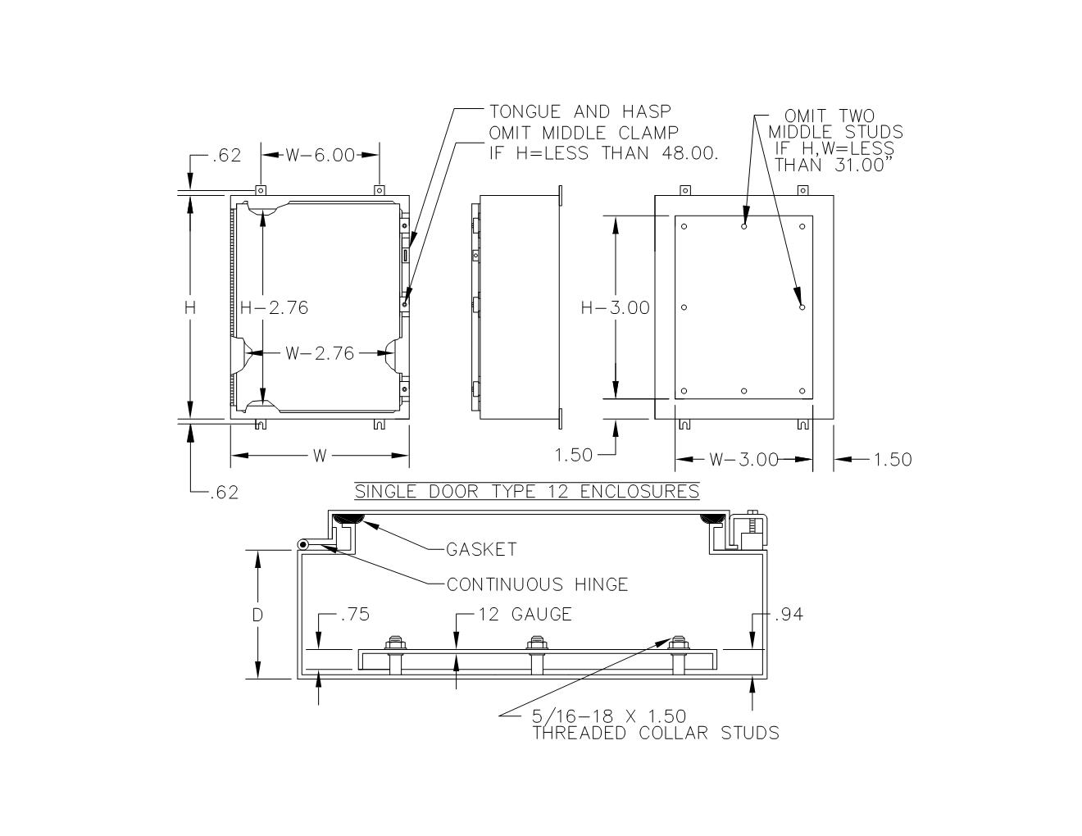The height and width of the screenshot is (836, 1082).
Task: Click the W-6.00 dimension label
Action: [x=321, y=156]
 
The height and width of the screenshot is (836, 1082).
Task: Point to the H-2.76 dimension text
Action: [x=274, y=307]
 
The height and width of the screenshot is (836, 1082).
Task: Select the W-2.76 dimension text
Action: [x=320, y=353]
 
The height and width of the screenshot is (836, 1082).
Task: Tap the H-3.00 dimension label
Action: [x=616, y=307]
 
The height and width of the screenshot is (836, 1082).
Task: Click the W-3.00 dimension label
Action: [x=744, y=459]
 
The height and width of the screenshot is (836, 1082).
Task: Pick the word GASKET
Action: [x=481, y=550]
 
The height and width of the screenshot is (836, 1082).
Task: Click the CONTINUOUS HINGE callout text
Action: [x=537, y=584]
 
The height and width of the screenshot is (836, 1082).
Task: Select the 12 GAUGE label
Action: [x=525, y=615]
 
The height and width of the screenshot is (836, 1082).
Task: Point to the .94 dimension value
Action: [x=789, y=615]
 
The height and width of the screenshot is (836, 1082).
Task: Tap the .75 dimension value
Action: [x=355, y=615]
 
